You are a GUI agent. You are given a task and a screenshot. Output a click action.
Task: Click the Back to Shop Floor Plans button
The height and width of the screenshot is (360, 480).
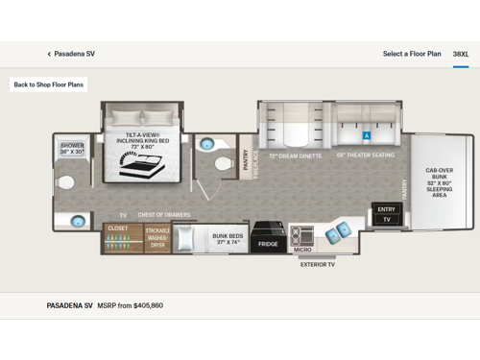pyautogui.click(x=48, y=84)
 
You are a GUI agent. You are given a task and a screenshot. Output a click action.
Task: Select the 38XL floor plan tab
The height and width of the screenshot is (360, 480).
pyautogui.click(x=461, y=54)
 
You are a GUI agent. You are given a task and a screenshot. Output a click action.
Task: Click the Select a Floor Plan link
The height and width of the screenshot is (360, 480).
pyautogui.click(x=412, y=54)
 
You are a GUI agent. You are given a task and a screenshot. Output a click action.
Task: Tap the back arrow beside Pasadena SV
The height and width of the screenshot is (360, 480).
pyautogui.click(x=49, y=55)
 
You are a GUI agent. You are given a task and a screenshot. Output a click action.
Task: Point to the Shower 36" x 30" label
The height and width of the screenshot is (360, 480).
pyautogui.click(x=72, y=149)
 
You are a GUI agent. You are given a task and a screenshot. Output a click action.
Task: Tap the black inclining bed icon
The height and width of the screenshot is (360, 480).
pyautogui.click(x=135, y=164)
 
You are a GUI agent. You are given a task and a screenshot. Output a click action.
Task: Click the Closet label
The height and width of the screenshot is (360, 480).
pyautogui.click(x=117, y=228)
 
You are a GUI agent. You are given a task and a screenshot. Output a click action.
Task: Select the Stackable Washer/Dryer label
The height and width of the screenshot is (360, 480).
pyautogui.click(x=157, y=238)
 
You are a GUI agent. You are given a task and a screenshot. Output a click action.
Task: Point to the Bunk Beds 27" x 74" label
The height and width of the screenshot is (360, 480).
pyautogui.click(x=228, y=239)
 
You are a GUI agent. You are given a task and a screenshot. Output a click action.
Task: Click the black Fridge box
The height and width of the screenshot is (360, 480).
pyautogui.click(x=268, y=244)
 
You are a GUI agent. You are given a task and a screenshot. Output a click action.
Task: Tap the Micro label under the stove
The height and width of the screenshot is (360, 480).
pyautogui.click(x=302, y=250)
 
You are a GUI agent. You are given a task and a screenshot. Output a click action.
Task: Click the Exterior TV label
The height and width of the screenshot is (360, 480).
pyautogui.click(x=318, y=264)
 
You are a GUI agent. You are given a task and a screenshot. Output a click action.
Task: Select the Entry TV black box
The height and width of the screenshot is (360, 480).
pyautogui.click(x=386, y=214)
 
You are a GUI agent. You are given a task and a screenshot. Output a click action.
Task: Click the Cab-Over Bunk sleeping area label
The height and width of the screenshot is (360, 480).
pyautogui.click(x=439, y=182)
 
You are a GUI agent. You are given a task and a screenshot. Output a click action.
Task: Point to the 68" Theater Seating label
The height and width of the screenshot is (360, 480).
pyautogui.click(x=365, y=156)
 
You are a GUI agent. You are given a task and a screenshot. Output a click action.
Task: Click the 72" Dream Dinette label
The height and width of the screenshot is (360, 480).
pyautogui.click(x=295, y=156)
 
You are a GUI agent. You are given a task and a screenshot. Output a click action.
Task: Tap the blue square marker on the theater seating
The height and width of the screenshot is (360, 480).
pyautogui.click(x=366, y=136)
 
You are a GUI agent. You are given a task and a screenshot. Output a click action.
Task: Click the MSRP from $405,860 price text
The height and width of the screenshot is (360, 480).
pyautogui.click(x=131, y=305)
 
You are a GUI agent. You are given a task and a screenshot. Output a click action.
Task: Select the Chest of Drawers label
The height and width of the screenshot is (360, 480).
pyautogui.click(x=164, y=215)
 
